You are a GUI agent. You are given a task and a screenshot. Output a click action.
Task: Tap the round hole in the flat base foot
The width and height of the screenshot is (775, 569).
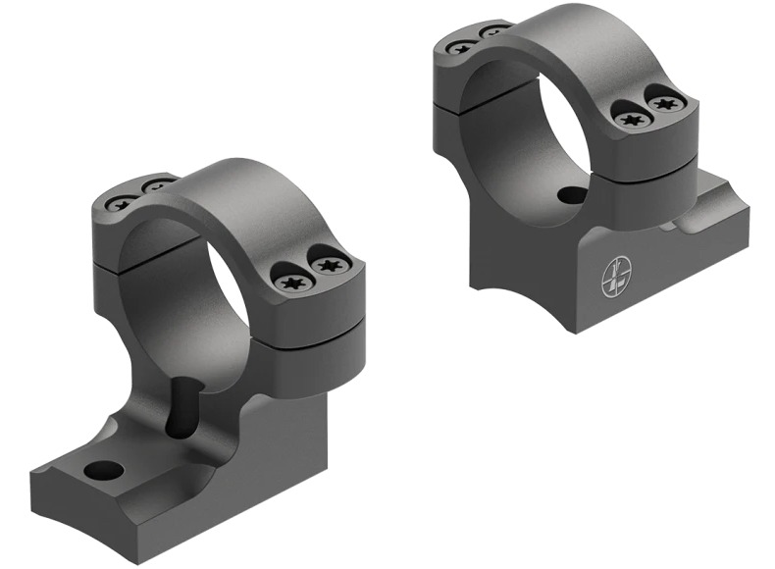point(104,470)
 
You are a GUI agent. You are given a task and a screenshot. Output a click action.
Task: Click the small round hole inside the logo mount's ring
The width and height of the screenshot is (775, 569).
point(572,196)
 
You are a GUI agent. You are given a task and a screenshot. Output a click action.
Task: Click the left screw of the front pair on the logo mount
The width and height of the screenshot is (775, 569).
point(628,119)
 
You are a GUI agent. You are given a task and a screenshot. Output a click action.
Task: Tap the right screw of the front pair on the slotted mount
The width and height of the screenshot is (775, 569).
point(326,265)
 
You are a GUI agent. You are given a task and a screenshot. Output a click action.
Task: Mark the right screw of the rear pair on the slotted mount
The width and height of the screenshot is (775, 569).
point(154,186)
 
